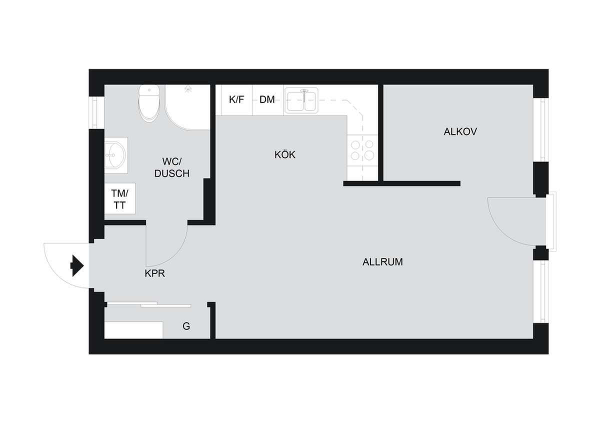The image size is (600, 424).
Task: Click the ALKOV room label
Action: [x=460, y=132]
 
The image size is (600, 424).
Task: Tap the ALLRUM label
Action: [x=382, y=262]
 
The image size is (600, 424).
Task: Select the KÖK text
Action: [x=284, y=154]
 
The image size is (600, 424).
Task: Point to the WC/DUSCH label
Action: [x=172, y=167]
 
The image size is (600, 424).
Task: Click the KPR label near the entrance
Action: [x=155, y=273]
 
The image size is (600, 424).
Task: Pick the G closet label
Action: [x=186, y=326]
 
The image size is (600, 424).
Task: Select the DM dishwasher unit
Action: [x=268, y=100]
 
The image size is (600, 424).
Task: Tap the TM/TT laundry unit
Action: [x=119, y=198]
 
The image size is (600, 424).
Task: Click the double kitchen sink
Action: [x=301, y=100]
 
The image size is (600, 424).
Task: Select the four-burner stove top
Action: [x=362, y=150]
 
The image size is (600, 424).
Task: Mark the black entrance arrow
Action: [x=77, y=265]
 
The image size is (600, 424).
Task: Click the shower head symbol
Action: [x=188, y=88]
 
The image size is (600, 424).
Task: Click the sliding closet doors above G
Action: [x=149, y=304]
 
